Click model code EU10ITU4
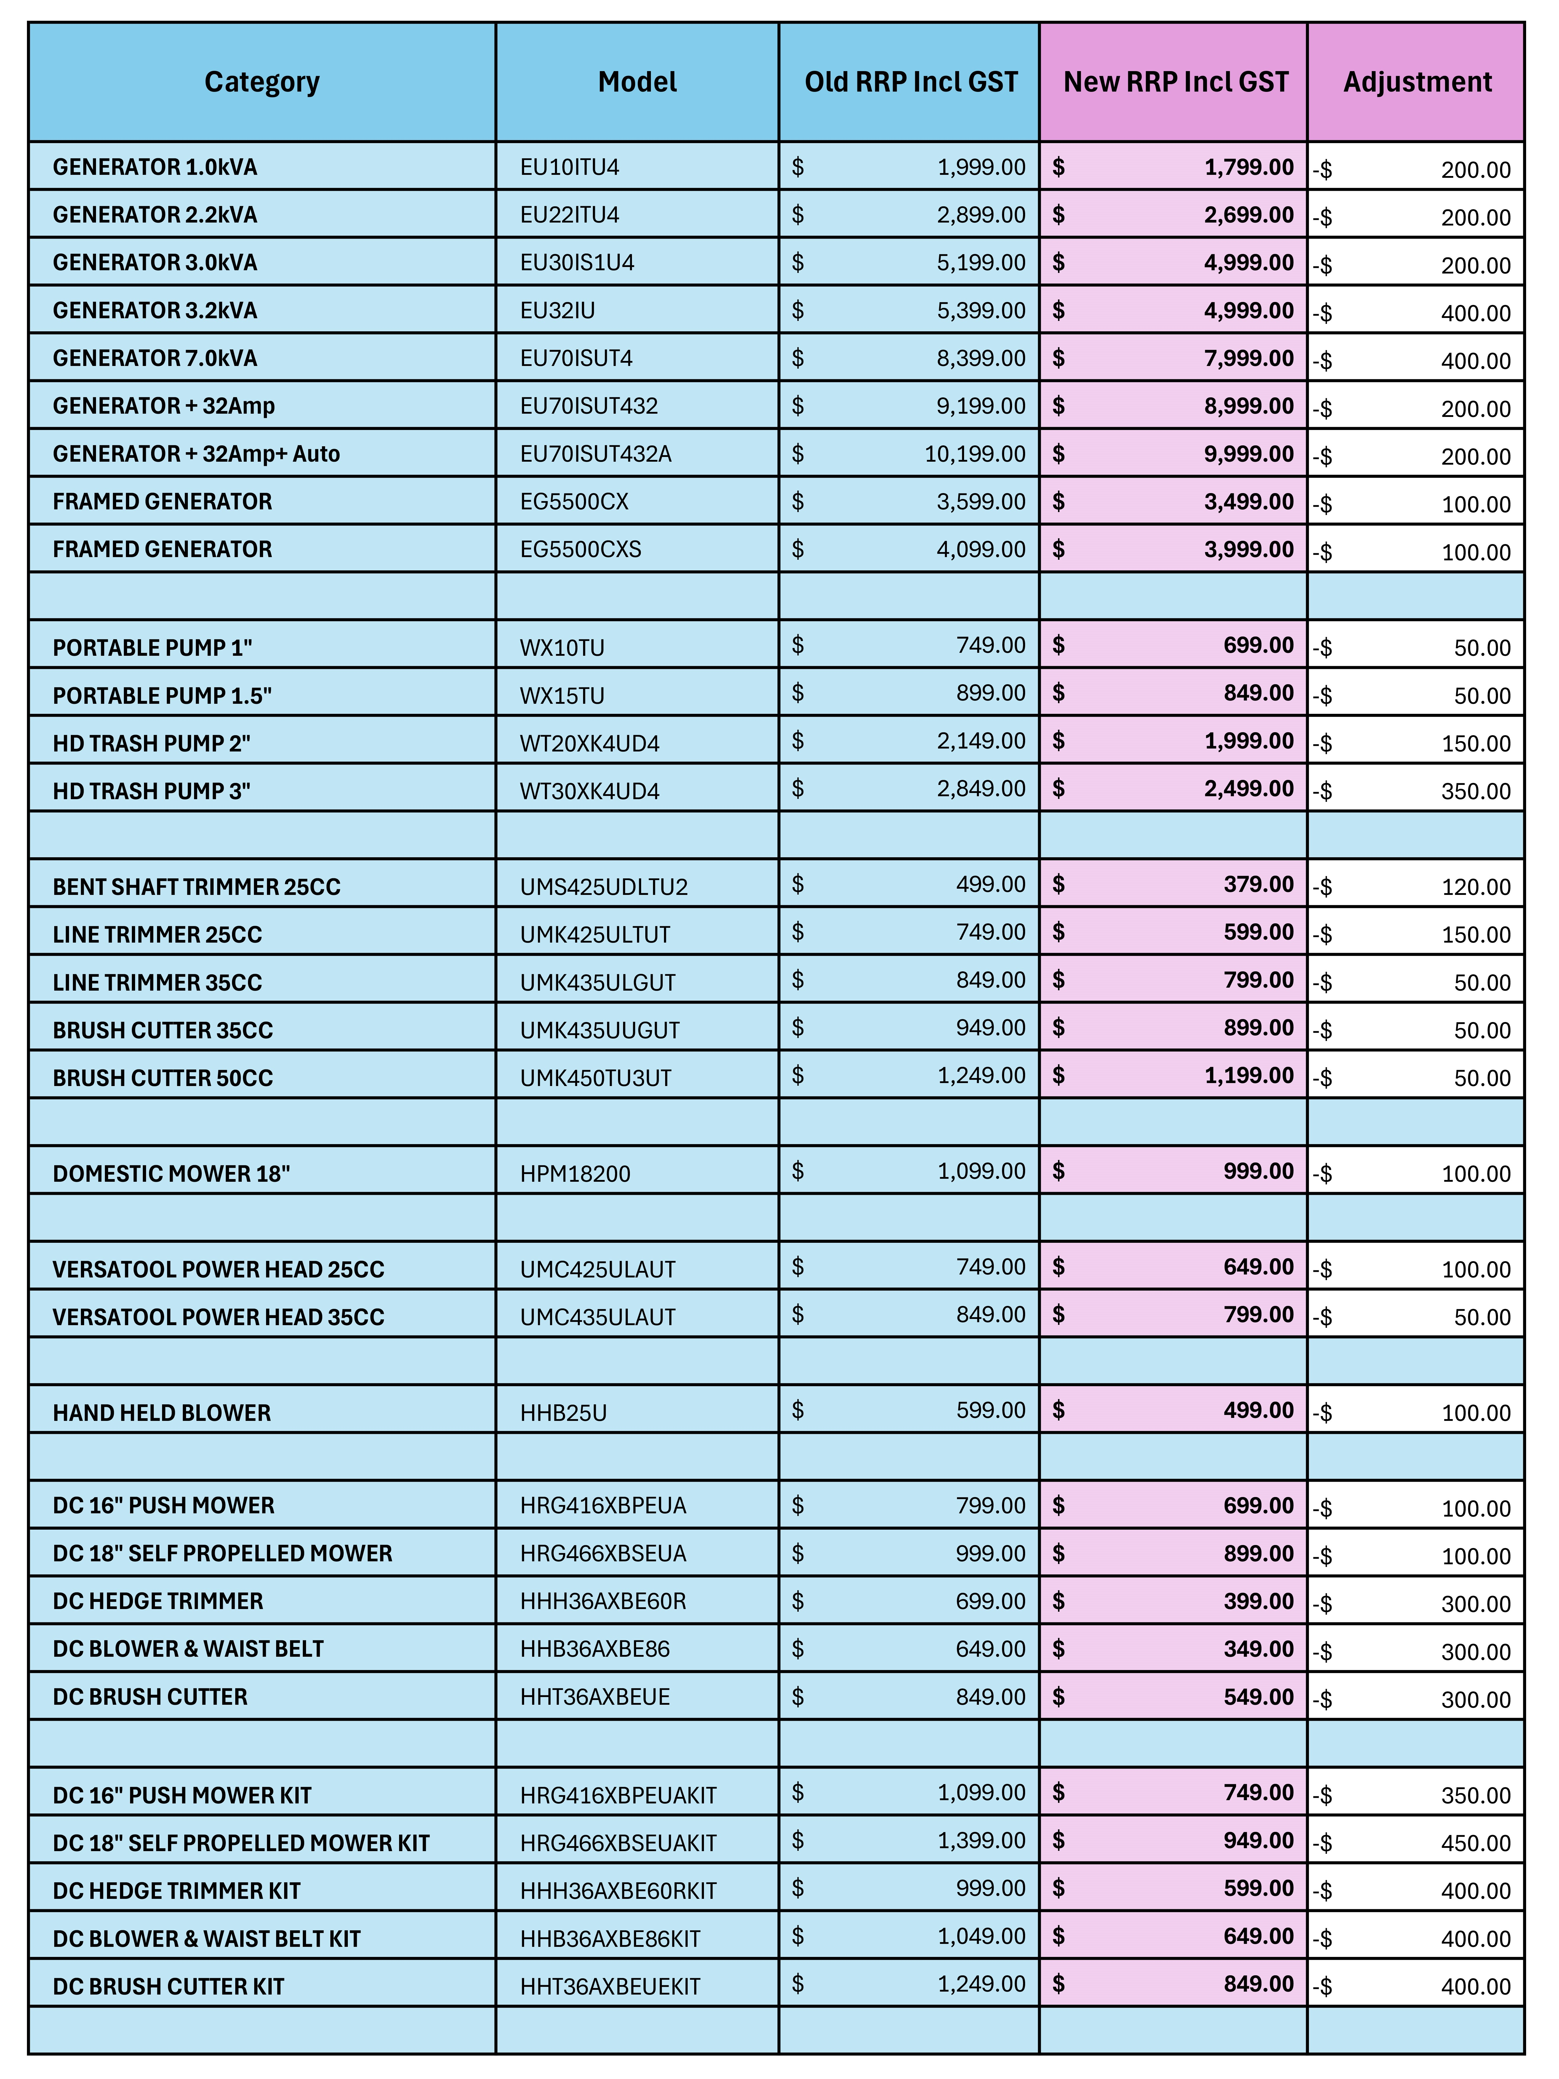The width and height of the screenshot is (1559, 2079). tap(569, 167)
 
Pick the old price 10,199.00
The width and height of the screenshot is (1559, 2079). tap(974, 454)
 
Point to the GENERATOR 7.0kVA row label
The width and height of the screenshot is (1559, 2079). tap(155, 358)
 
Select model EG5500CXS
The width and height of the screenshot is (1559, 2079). tap(581, 550)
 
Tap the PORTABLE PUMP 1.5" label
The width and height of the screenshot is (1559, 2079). tap(162, 695)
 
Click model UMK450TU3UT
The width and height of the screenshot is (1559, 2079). tap(596, 1078)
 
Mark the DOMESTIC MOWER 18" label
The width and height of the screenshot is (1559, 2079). tap(171, 1174)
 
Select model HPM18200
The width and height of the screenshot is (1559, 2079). tap(575, 1174)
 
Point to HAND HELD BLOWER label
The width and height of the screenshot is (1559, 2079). tap(162, 1413)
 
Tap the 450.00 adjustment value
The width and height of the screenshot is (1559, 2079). tap(1475, 1843)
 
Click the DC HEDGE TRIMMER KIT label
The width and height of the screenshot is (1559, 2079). tap(177, 1891)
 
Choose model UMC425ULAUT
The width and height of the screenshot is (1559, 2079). tap(598, 1270)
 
